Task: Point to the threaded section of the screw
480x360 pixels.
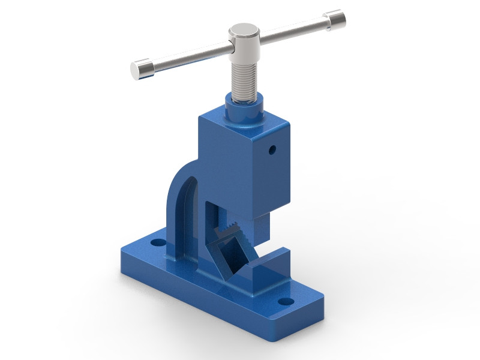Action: point(245,81)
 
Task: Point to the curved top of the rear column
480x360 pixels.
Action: point(180,171)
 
